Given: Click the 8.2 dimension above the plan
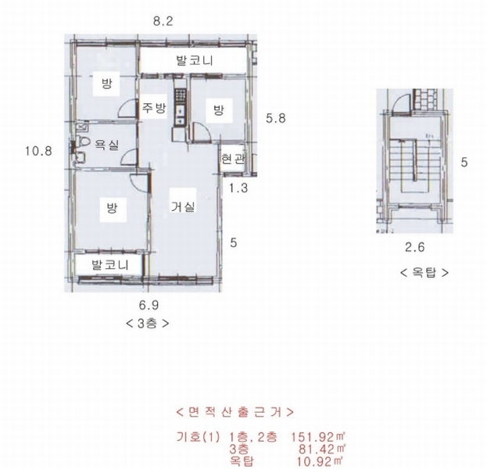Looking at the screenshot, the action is tap(163, 21).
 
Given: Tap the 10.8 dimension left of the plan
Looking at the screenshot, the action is tap(38, 152).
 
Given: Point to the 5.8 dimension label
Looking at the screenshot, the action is tap(275, 118).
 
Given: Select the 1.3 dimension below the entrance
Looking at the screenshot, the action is tap(238, 188).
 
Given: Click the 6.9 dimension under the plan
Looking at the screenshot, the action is tap(149, 306).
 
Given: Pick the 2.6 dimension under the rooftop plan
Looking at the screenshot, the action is tap(414, 247).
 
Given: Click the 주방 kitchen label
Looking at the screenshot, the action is tap(154, 107).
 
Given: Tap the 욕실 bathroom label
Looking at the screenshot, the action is tap(106, 145).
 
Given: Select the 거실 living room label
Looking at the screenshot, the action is tap(183, 206).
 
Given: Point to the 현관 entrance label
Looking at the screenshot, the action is tap(233, 159).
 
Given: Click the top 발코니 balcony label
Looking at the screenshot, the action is tap(195, 60).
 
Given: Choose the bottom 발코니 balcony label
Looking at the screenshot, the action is tap(110, 265).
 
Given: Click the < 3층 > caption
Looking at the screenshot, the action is tap(148, 324).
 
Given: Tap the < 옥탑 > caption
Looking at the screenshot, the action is tap(424, 273).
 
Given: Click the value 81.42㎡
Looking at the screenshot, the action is tap(322, 449).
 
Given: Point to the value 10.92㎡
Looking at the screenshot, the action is tap(320, 461).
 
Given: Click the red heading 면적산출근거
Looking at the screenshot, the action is tap(235, 412).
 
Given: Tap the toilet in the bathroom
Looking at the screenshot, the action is tap(81, 142).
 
